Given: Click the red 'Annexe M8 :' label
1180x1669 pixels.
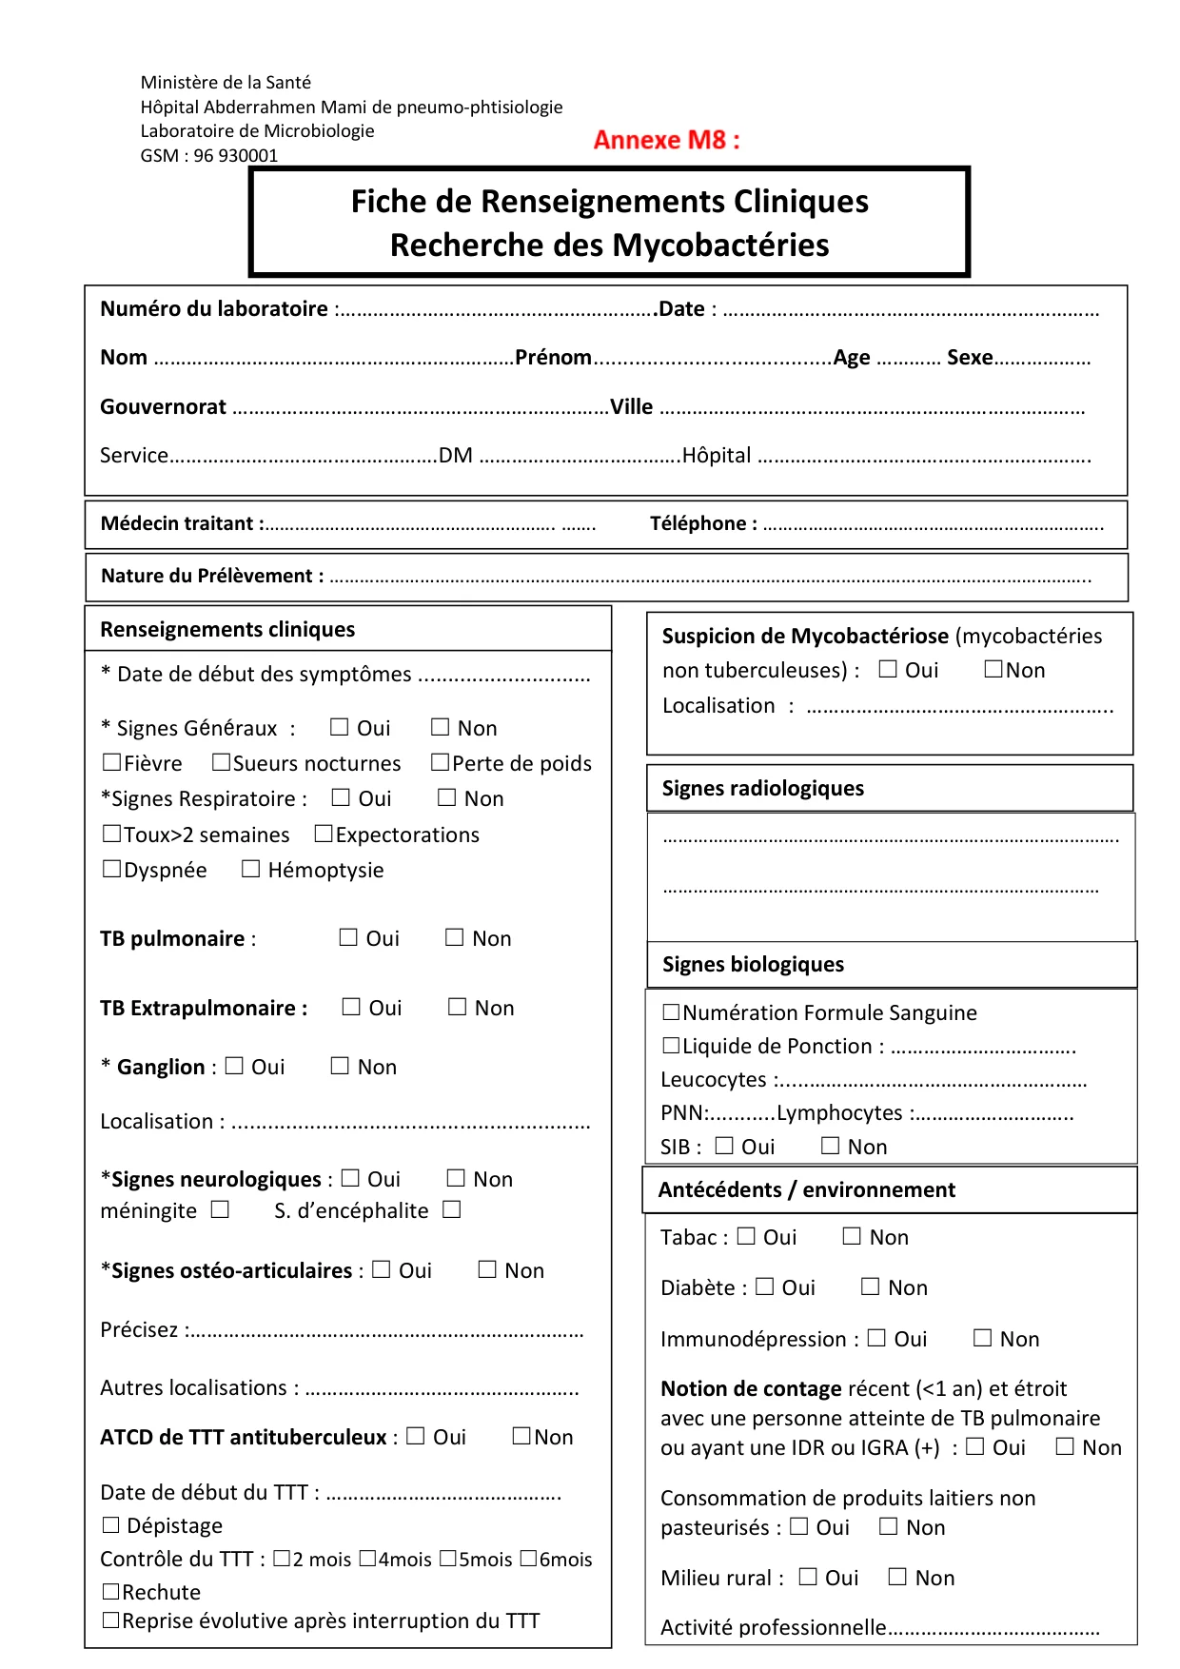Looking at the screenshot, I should tap(666, 140).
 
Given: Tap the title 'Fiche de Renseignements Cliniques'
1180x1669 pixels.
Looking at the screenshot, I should tap(609, 202).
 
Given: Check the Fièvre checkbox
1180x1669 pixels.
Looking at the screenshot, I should tap(112, 762).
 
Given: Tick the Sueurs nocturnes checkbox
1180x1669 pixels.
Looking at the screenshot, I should tap(221, 762).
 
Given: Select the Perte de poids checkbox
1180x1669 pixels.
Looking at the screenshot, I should tap(440, 762).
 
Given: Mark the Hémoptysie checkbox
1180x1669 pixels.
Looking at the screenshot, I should tap(250, 869).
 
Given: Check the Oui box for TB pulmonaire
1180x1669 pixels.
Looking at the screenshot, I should tap(348, 937).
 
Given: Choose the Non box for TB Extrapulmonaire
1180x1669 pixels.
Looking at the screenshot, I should tap(458, 1007).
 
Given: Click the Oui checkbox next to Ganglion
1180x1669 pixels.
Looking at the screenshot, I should tap(234, 1066).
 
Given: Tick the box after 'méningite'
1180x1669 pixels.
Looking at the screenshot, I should tap(220, 1209).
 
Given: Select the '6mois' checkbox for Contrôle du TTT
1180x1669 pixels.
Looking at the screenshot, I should tap(529, 1559).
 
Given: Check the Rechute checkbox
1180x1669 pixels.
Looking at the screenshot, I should tap(111, 1591).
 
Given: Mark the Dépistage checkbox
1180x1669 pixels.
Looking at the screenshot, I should tap(111, 1525).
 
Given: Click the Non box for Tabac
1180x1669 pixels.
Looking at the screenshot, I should tap(852, 1236).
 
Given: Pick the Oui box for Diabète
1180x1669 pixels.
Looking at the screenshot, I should tap(764, 1286).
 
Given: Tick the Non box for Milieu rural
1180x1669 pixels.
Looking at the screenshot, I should tap(897, 1577).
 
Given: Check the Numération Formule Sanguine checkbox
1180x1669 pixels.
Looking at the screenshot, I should tap(671, 1011).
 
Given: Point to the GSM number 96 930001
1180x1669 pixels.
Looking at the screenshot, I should tap(236, 156).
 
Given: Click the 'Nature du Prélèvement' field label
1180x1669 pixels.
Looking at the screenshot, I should tap(212, 576).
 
